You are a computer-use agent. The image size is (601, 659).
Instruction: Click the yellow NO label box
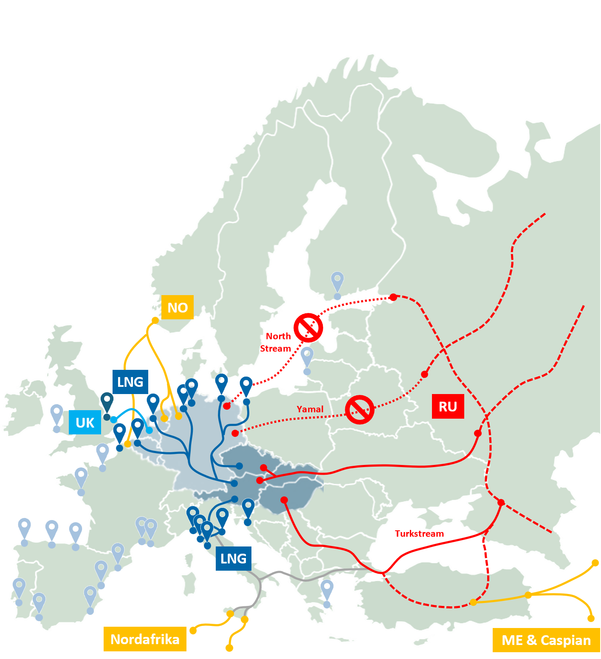178,307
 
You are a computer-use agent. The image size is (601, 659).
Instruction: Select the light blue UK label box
85,422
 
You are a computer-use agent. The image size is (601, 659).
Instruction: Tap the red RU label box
448,406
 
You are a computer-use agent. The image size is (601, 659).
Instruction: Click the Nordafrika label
145,639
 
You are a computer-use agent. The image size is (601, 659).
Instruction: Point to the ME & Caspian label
546,640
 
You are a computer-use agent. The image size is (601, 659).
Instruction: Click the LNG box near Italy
234,558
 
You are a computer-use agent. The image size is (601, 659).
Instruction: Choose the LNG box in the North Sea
130,382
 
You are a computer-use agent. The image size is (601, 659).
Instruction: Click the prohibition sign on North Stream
308,328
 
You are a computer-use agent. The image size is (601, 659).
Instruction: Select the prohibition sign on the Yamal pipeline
359,410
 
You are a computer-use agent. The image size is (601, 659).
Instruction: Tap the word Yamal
310,409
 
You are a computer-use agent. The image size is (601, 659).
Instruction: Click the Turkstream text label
419,534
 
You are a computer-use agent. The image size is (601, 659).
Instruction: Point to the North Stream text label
277,342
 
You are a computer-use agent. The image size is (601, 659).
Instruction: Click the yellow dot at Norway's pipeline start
155,320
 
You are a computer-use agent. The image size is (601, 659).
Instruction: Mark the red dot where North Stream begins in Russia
393,297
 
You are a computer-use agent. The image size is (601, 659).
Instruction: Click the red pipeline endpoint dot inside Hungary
284,500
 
